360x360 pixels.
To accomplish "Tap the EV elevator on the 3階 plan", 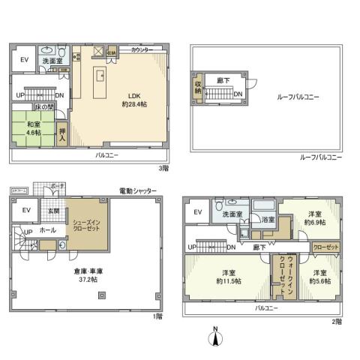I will tap(23, 61).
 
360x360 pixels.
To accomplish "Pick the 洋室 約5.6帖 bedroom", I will tap(319, 277).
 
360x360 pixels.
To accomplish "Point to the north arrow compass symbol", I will tap(216, 337).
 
